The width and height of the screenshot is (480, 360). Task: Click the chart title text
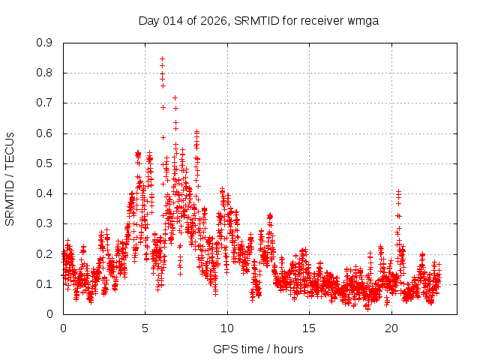click(258, 20)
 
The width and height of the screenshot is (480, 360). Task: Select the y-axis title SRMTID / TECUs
click(10, 178)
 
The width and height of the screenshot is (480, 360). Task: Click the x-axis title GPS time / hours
click(258, 349)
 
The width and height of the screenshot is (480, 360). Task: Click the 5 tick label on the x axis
click(145, 328)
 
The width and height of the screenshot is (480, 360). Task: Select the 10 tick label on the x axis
click(227, 328)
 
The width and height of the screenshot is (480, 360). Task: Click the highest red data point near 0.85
click(162, 58)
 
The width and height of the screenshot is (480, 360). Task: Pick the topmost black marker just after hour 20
click(399, 191)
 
